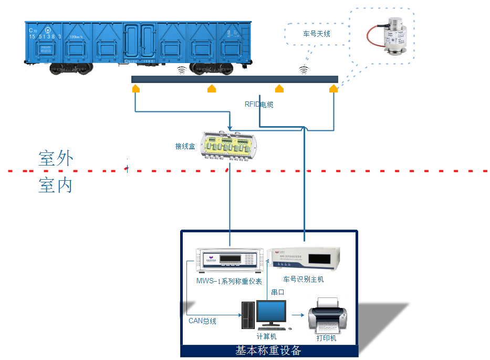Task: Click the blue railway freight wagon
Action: (138, 44)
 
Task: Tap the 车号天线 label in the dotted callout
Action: (317, 34)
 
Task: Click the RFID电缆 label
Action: (259, 105)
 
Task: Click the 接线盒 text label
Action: (185, 146)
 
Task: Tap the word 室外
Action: (55, 158)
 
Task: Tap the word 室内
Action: (55, 186)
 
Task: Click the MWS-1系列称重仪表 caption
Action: (229, 282)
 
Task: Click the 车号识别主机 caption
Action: (303, 279)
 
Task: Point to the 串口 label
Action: (277, 292)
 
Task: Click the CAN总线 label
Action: (202, 321)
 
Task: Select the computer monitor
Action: (271, 314)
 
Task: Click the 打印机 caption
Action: (326, 338)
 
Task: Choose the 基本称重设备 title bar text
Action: (268, 351)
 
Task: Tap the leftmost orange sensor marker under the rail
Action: (136, 88)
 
